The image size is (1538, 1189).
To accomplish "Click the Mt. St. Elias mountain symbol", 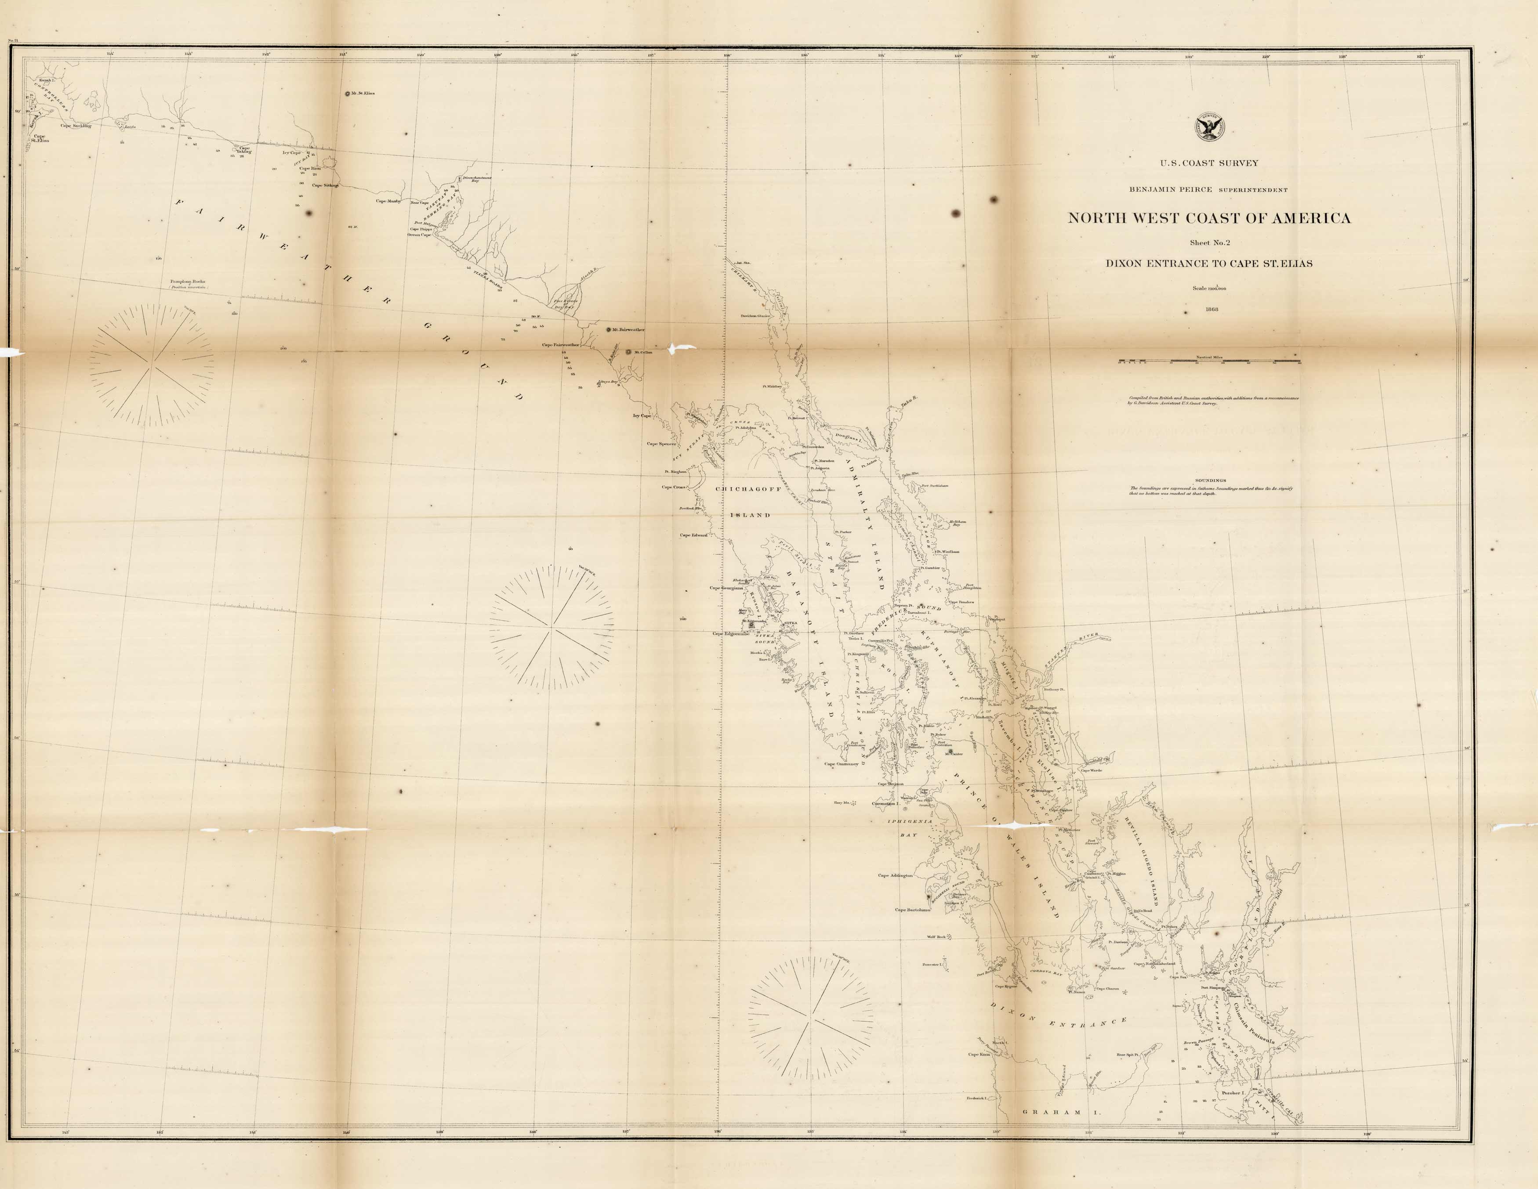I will pos(346,94).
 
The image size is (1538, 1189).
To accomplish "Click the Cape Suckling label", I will pos(76,126).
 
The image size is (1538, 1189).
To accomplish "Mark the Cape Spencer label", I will pos(662,444).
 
